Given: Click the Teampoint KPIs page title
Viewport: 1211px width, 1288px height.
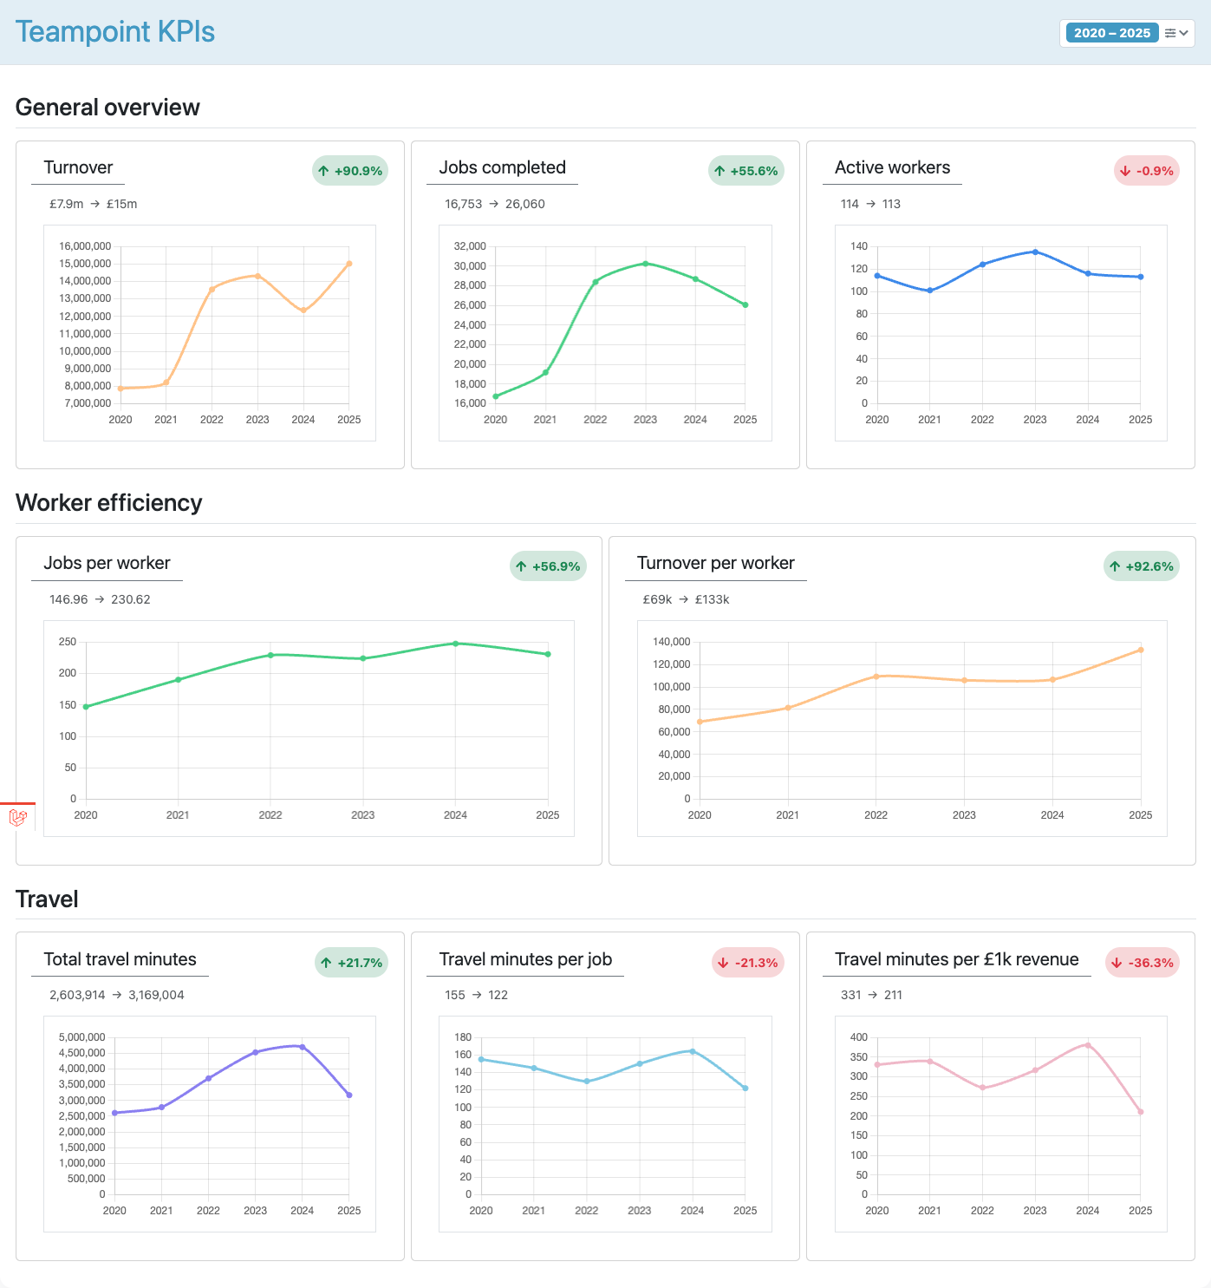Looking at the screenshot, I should click(x=115, y=32).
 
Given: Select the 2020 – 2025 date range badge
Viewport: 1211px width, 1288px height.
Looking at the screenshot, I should click(x=1111, y=33).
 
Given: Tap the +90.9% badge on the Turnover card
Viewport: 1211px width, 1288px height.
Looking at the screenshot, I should click(x=350, y=171).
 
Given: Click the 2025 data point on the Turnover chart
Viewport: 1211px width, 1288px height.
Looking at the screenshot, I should click(x=349, y=264).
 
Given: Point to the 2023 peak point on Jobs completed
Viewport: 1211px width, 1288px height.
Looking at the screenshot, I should click(x=645, y=264).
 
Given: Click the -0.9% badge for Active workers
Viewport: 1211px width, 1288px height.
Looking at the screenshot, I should click(x=1146, y=171).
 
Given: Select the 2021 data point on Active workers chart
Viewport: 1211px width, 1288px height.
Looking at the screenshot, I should click(x=930, y=291).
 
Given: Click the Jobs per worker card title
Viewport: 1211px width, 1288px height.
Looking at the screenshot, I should click(x=107, y=563).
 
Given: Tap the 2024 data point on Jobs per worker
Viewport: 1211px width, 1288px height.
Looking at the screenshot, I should click(x=455, y=644).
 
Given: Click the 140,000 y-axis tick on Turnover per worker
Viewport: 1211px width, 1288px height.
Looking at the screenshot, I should click(x=671, y=642).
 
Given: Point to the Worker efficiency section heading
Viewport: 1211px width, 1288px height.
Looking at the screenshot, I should click(x=109, y=503).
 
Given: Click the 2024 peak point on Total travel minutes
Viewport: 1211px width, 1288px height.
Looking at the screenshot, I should click(x=302, y=1047).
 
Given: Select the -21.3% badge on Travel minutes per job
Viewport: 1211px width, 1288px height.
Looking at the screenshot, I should click(x=748, y=963).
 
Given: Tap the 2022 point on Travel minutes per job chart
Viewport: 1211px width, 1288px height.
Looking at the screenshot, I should click(x=587, y=1082).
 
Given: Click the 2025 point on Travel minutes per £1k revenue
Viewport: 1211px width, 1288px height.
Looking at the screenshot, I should click(x=1141, y=1112).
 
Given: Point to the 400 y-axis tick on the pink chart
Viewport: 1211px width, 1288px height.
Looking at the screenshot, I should click(x=858, y=1037).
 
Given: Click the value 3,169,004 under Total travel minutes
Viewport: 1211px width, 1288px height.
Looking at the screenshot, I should click(x=156, y=995).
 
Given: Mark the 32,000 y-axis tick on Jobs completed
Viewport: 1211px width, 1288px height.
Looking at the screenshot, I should click(x=470, y=246).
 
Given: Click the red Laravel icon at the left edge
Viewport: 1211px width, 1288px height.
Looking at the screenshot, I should click(x=17, y=817).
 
